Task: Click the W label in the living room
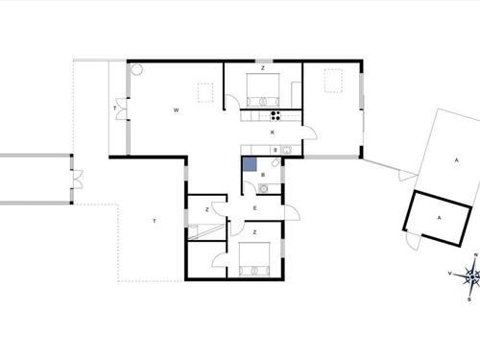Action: [x=177, y=110]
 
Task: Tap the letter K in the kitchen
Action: [x=273, y=132]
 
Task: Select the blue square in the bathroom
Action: [x=250, y=164]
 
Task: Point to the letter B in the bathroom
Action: [x=263, y=176]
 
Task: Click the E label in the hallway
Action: [x=255, y=207]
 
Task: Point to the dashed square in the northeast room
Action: [x=334, y=82]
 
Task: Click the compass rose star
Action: [x=471, y=276]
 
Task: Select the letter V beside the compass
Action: [x=450, y=274]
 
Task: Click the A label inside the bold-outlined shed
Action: [x=440, y=219]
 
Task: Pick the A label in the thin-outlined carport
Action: [x=457, y=159]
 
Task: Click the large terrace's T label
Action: [x=154, y=221]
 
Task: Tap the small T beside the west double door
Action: [x=115, y=110]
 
